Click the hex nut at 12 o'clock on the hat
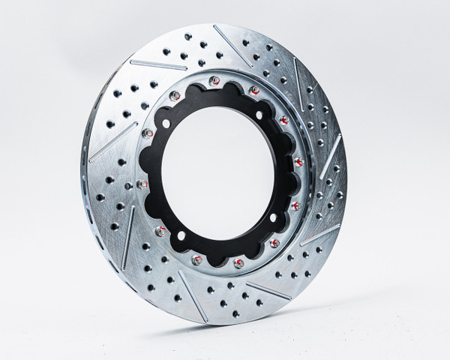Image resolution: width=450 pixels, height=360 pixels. [214, 79]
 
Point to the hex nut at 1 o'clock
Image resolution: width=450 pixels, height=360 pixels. [255, 90]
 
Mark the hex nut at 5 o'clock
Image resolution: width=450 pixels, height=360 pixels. [274, 242]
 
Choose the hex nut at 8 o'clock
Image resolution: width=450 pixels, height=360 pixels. [160, 231]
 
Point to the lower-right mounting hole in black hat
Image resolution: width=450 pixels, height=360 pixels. [274, 217]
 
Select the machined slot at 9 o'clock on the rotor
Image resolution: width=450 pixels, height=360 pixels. [112, 144]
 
